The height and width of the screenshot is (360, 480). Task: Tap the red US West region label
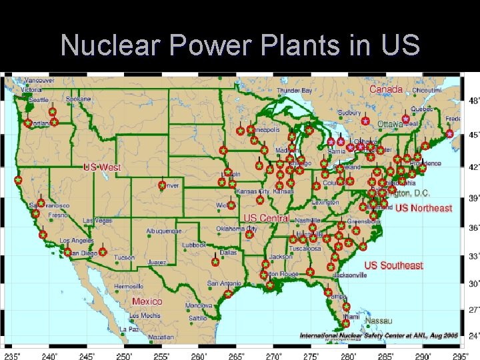pyautogui.click(x=102, y=167)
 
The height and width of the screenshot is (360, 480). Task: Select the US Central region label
pyautogui.click(x=267, y=218)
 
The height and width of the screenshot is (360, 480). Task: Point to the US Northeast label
pyautogui.click(x=423, y=208)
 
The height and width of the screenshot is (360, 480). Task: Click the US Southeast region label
pyautogui.click(x=393, y=265)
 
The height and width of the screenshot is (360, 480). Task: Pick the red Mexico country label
pyautogui.click(x=147, y=301)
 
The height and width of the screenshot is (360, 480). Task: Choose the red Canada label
pyautogui.click(x=386, y=89)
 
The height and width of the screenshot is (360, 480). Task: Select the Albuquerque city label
pyautogui.click(x=164, y=231)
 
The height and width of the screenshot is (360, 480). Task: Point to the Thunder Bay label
pyautogui.click(x=294, y=90)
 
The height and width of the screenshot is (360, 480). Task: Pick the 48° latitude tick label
pyautogui.click(x=473, y=101)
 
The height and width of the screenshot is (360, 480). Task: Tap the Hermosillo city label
pyautogui.click(x=128, y=286)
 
